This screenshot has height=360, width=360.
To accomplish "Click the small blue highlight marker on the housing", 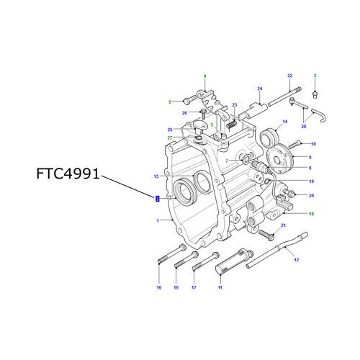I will click(x=157, y=198).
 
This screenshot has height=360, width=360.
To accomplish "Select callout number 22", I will click(x=289, y=76).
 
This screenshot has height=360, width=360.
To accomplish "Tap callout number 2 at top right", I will click(x=315, y=76).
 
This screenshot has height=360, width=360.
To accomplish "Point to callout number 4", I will click(x=204, y=76).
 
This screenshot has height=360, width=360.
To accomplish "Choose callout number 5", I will click(x=170, y=102).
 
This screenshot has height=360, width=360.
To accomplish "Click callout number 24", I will click(x=258, y=89).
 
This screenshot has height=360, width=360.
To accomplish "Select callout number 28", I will click(x=304, y=126).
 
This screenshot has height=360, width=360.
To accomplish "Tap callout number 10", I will click(x=312, y=144).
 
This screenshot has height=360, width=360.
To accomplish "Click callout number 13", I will click(x=155, y=176).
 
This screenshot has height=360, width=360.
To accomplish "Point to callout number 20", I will click(x=311, y=195).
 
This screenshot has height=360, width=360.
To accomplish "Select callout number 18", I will click(x=311, y=214).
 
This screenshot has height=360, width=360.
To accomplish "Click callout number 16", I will click(x=158, y=288).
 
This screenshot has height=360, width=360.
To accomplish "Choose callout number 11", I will click(x=220, y=288).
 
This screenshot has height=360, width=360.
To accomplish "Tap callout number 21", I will click(x=284, y=226).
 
